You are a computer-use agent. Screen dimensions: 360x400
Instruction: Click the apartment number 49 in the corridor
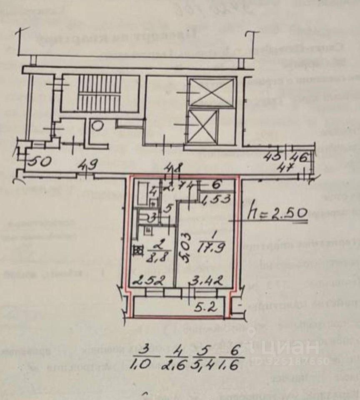[x=87, y=165]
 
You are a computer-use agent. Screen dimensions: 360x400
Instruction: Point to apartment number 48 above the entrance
[x=174, y=169]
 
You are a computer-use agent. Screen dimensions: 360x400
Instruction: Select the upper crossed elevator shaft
[x=211, y=93]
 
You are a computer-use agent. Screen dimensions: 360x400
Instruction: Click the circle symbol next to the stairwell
[x=97, y=125]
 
